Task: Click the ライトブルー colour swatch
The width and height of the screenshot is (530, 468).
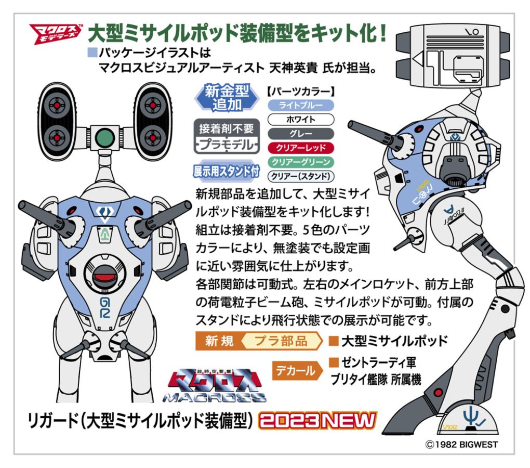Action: pyautogui.click(x=301, y=105)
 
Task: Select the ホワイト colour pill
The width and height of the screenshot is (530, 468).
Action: pyautogui.click(x=301, y=120)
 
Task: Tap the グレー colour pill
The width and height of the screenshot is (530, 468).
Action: pyautogui.click(x=301, y=134)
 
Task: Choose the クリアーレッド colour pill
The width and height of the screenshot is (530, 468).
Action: pyautogui.click(x=301, y=148)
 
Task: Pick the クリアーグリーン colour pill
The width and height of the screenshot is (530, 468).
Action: pyautogui.click(x=301, y=162)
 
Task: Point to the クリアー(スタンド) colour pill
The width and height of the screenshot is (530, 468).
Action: pyautogui.click(x=301, y=176)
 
